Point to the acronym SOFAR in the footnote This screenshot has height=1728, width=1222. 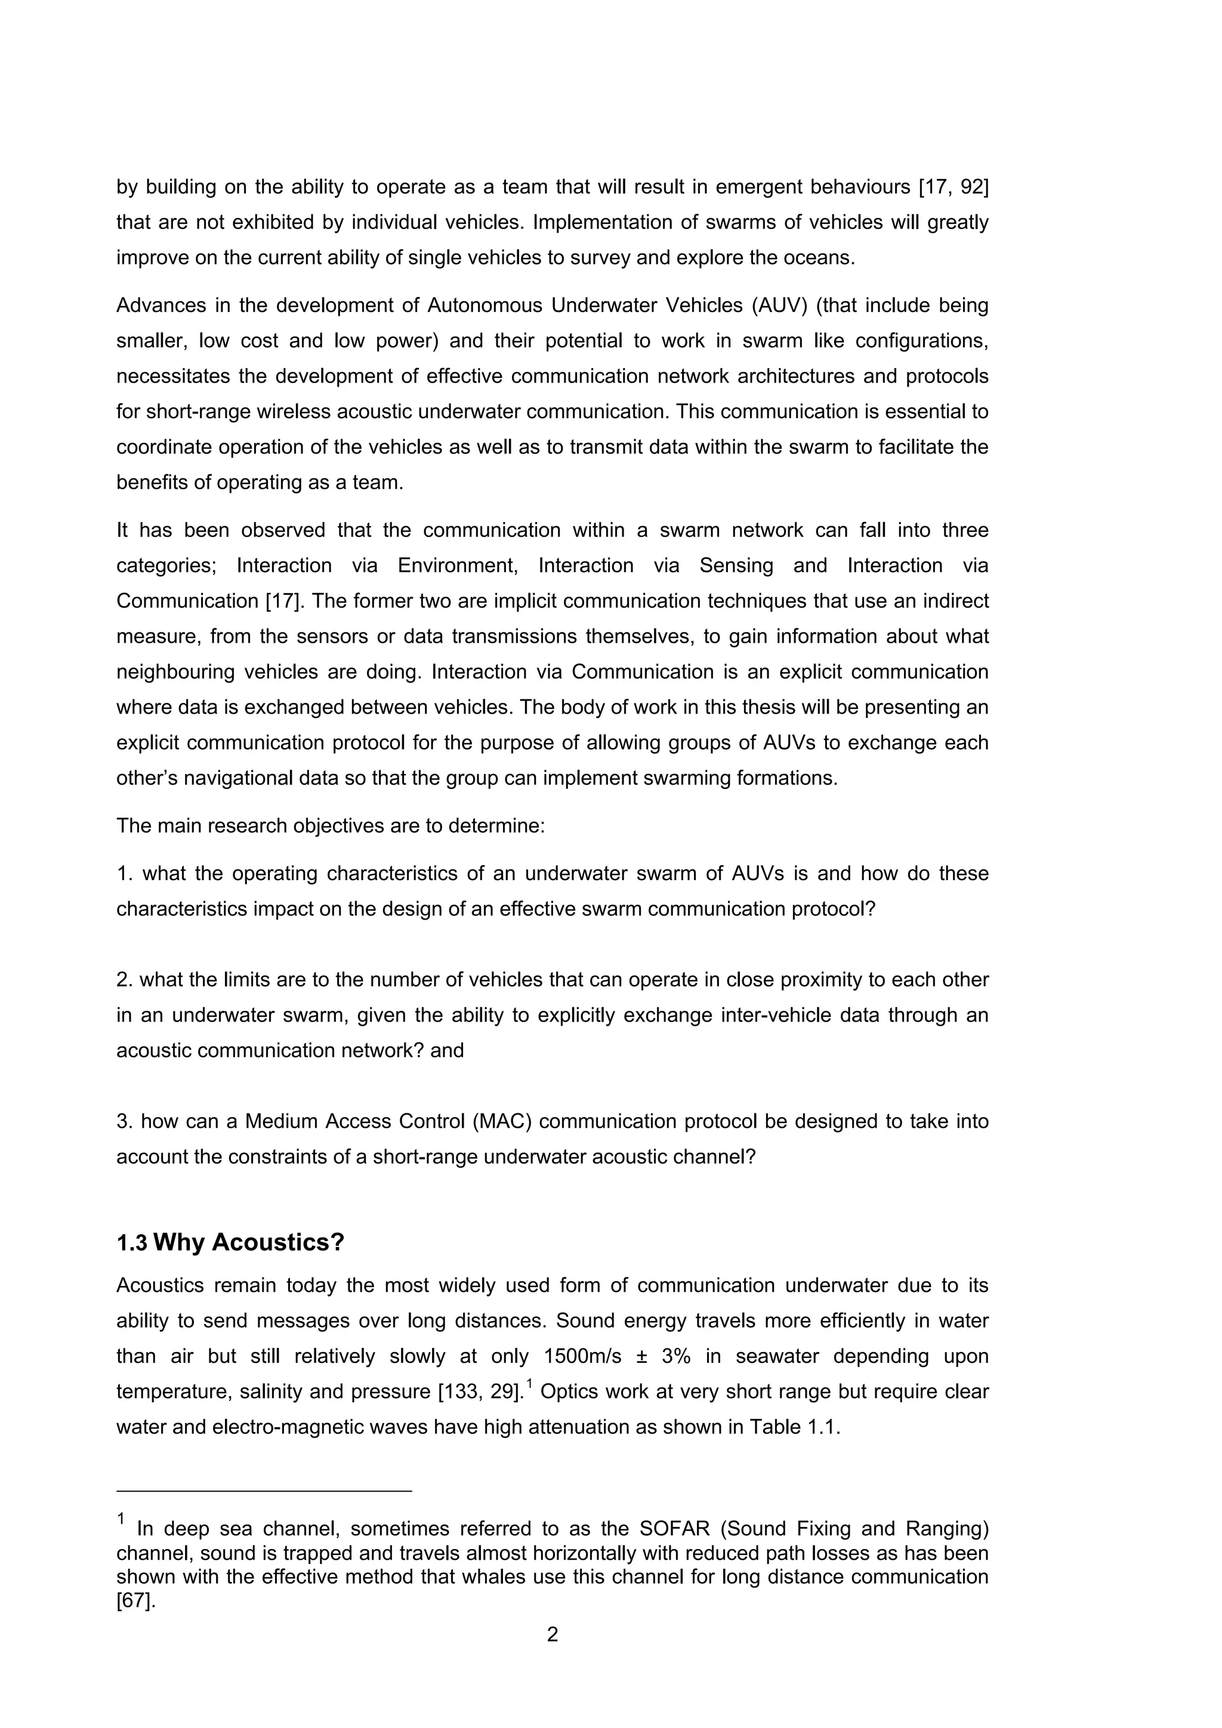674,1529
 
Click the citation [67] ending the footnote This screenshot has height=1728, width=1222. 135,1601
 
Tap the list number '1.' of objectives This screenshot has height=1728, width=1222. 124,874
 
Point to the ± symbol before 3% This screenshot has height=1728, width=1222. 643,1356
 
